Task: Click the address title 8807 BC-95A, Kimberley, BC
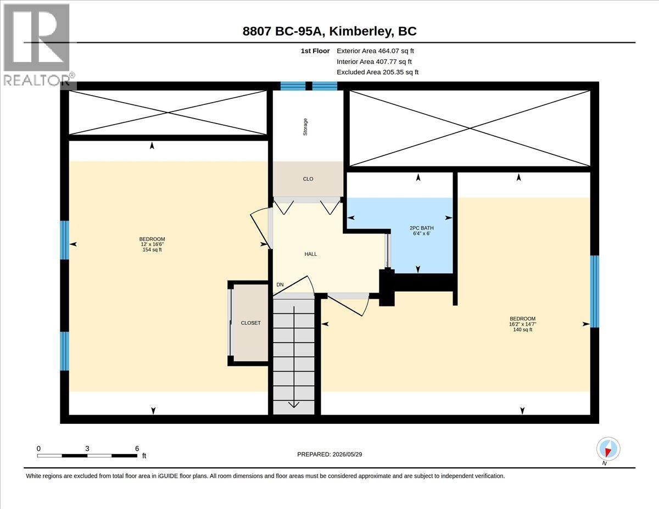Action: coord(329,31)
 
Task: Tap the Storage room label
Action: coord(305,127)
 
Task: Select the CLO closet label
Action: coord(308,179)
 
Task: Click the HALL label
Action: coord(310,254)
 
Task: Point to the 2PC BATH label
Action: coord(422,228)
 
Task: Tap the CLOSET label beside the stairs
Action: coord(250,323)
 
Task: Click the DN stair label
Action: coord(280,284)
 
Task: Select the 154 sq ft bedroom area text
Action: coord(152,250)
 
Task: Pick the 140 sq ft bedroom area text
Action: coord(522,329)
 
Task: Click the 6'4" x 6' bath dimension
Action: coord(422,233)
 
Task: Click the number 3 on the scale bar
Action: coord(87,449)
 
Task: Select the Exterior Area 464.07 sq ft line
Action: coord(375,51)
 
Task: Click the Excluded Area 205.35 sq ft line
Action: coord(378,72)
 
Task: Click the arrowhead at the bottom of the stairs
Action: coord(294,405)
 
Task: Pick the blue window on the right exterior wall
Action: coord(595,292)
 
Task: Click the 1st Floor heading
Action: coord(315,51)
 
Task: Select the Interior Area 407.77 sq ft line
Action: coord(374,61)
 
